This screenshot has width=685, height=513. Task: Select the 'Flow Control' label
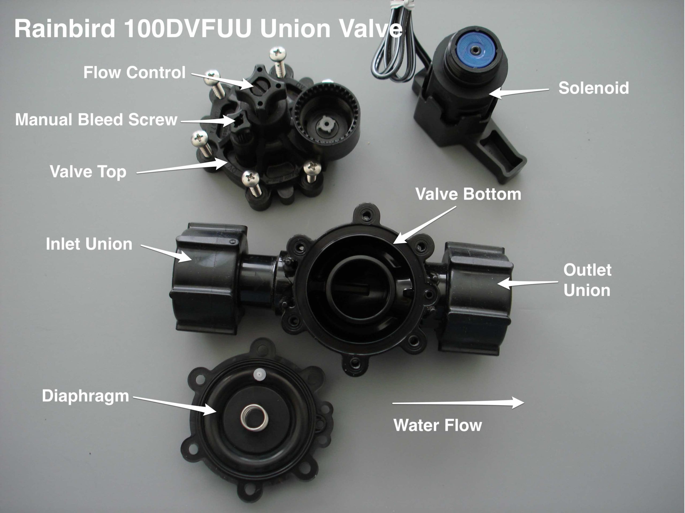coord(134,72)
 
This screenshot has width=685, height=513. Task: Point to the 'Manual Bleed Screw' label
coord(96,120)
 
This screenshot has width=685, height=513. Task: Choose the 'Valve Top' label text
coord(88,172)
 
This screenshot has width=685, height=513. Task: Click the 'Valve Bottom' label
coord(468,194)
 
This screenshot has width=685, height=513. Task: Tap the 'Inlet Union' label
coord(89,244)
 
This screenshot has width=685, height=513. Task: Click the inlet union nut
coord(208,279)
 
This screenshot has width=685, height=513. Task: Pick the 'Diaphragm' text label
coord(85,396)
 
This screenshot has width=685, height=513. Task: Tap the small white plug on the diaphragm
coord(258,375)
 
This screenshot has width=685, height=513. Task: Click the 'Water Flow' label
coord(437,425)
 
